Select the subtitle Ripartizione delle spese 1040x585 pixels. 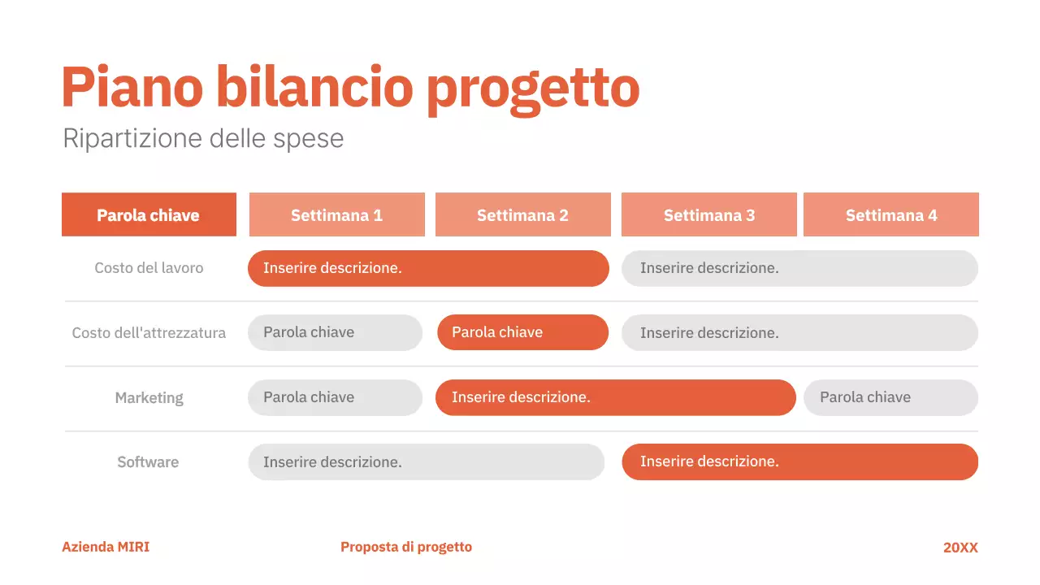[203, 138]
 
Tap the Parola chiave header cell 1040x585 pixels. [149, 215]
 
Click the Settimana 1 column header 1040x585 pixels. [336, 215]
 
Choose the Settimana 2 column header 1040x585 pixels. [522, 215]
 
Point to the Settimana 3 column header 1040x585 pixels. [708, 215]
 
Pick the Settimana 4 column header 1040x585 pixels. [890, 215]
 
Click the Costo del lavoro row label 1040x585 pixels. [149, 268]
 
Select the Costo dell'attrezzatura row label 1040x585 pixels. [149, 333]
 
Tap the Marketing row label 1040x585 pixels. [149, 398]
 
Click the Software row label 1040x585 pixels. [148, 462]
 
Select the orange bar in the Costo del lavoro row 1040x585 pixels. [428, 268]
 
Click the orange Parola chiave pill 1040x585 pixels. [522, 332]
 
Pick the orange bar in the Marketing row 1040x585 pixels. [615, 397]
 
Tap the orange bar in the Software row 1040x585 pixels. [799, 461]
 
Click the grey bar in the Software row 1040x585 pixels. [426, 462]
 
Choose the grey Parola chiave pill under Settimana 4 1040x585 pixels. [890, 397]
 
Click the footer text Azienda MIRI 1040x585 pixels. [106, 547]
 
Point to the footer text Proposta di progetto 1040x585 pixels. [406, 547]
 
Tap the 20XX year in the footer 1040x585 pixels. [960, 548]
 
